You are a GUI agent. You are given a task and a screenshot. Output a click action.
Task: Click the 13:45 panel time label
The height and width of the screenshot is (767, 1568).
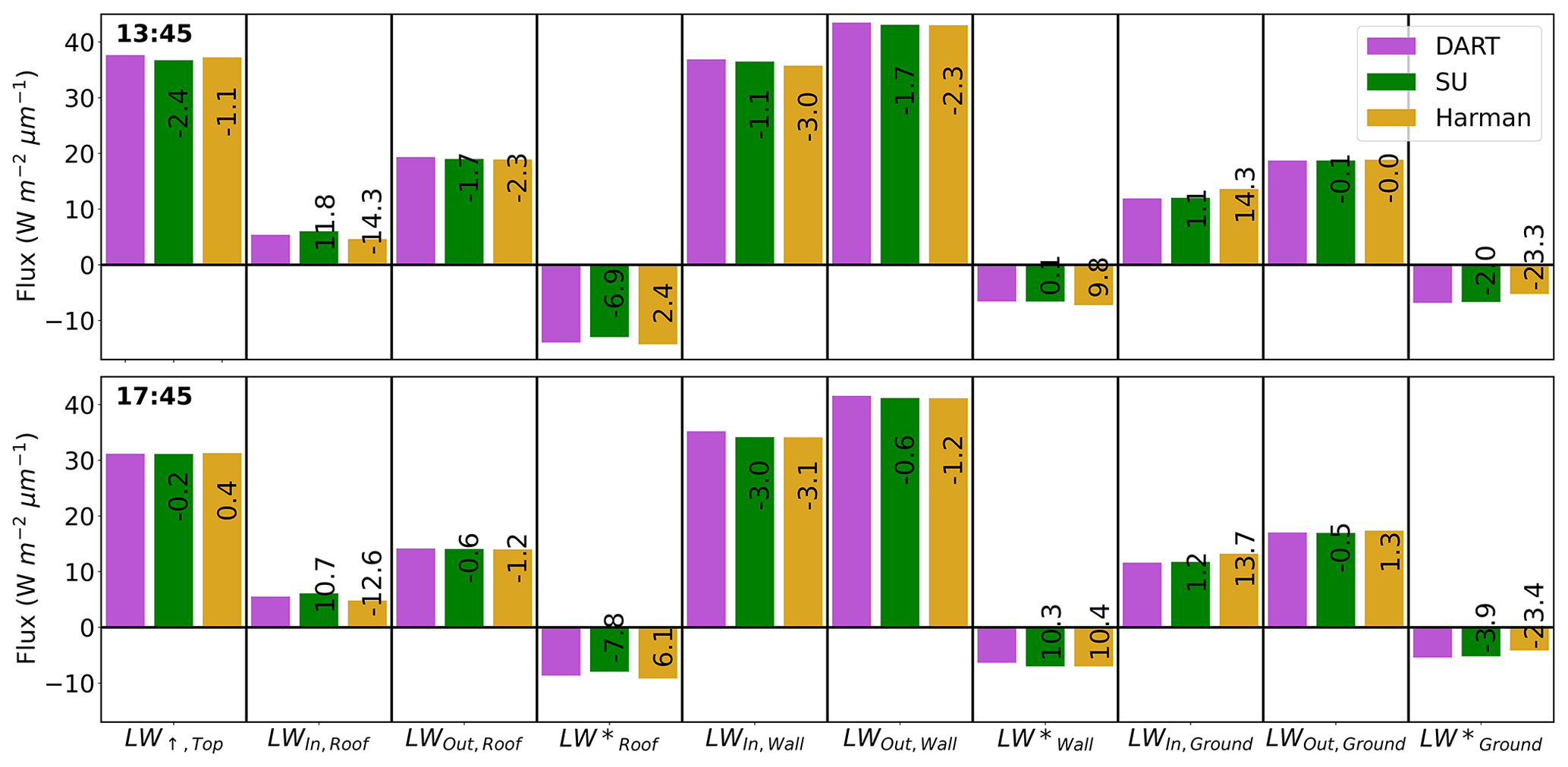coord(154,34)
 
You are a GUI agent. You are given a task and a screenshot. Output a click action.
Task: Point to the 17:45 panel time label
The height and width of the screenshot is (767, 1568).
coord(154,396)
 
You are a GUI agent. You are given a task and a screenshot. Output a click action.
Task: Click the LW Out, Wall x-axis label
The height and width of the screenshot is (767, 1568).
coord(900,740)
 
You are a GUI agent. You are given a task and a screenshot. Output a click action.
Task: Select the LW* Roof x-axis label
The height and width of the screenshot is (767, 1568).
coord(608,740)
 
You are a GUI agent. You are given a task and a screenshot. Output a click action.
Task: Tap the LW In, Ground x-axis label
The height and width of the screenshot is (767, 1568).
coord(1189,740)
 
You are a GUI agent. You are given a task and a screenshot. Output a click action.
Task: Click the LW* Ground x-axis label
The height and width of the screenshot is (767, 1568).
coord(1480,740)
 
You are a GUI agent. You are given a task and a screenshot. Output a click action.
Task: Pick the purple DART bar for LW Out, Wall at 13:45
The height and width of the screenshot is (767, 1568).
coord(851,143)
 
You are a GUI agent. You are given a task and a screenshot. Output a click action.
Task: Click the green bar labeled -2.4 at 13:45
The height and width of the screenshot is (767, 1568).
coord(174,162)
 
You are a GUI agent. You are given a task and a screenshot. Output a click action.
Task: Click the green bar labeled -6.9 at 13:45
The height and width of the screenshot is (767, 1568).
coord(609,301)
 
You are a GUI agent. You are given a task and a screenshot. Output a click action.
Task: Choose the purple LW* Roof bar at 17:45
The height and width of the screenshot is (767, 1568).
coord(561,652)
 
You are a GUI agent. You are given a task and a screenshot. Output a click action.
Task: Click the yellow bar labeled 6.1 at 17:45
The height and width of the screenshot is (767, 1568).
coord(658,653)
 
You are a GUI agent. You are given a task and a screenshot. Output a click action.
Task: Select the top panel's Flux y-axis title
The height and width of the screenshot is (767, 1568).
coord(27,186)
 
